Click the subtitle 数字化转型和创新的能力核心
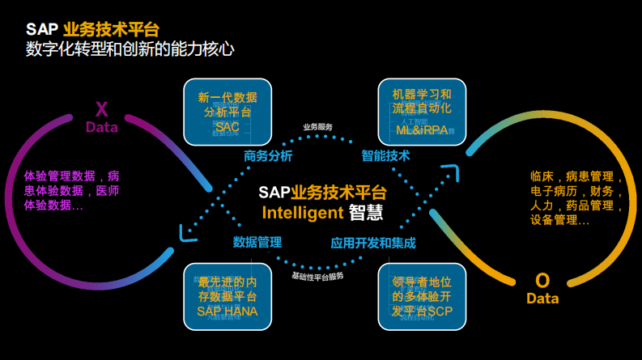(x=130, y=49)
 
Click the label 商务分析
(x=268, y=156)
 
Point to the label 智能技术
(x=385, y=156)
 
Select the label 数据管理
(x=257, y=242)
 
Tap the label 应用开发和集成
(x=373, y=242)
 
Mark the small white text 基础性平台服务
(x=318, y=276)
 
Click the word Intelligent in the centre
(x=303, y=213)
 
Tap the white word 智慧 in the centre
(x=366, y=213)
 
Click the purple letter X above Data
(x=101, y=109)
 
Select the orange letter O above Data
(x=542, y=281)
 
